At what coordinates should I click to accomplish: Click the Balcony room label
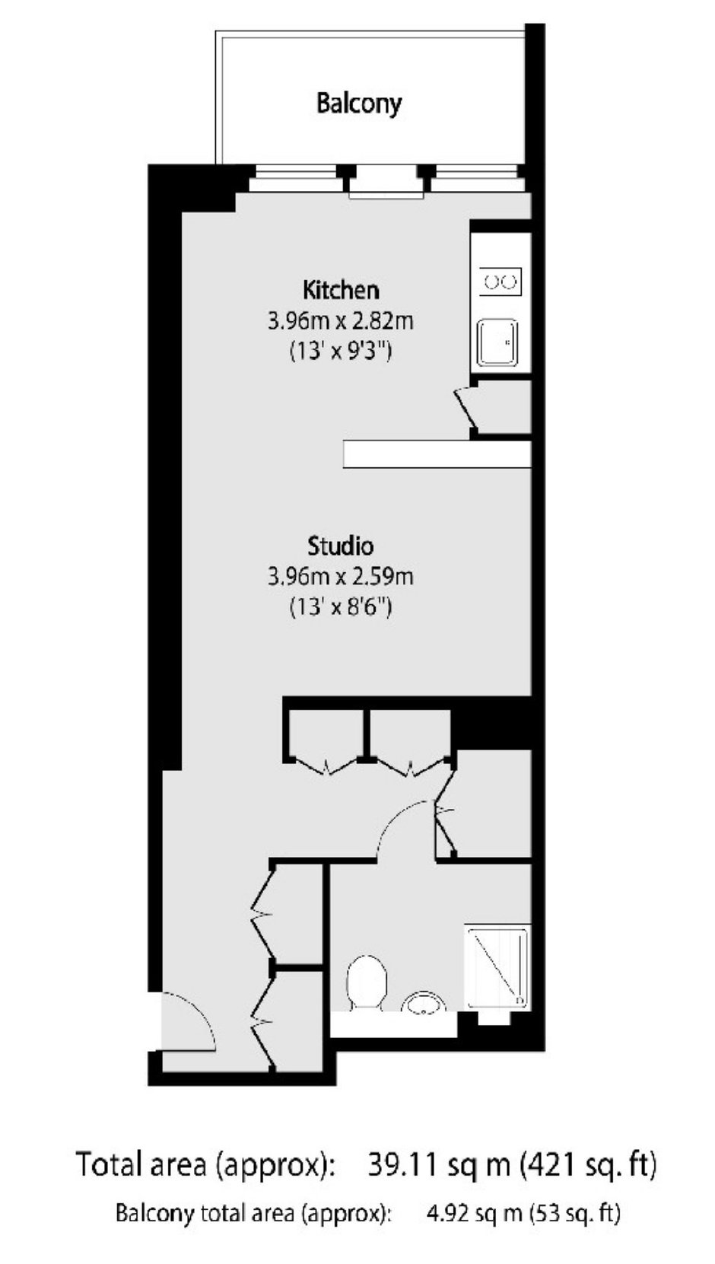[x=358, y=103]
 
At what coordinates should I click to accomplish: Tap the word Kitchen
[x=341, y=290]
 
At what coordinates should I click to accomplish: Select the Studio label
[x=341, y=546]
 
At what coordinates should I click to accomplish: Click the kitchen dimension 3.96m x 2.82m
[x=341, y=321]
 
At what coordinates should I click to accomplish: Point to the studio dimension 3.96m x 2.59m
[x=341, y=577]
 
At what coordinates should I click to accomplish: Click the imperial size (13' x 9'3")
[x=341, y=352]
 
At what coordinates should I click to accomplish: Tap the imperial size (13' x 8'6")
[x=341, y=608]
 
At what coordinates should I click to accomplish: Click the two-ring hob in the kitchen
[x=500, y=281]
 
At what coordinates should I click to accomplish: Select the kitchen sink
[x=497, y=342]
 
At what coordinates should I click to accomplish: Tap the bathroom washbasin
[x=424, y=1002]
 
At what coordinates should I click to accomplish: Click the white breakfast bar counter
[x=437, y=454]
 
